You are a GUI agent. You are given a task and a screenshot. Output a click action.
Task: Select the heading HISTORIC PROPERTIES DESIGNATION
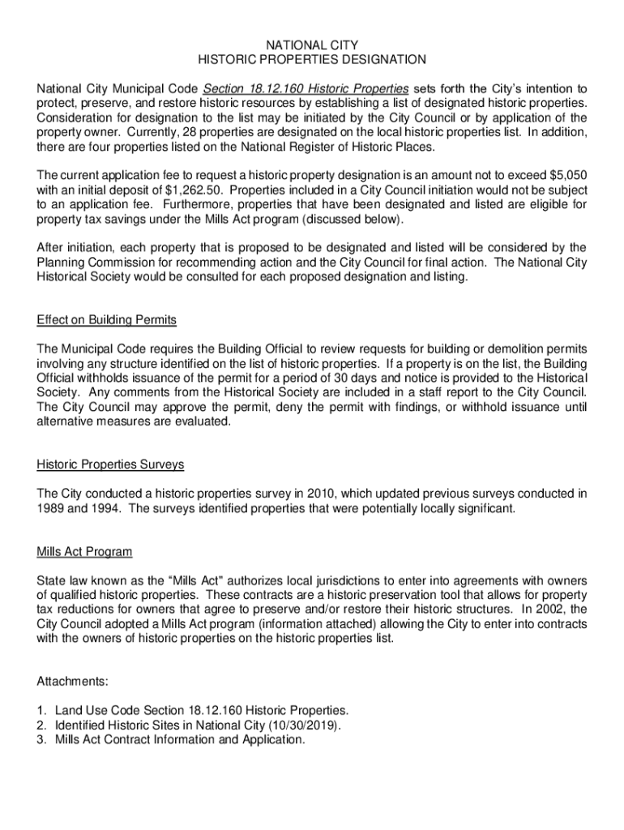tap(312, 59)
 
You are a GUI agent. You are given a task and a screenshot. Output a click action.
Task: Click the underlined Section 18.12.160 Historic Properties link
tap(306, 88)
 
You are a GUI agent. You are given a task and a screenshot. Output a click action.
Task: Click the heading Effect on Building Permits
tap(106, 319)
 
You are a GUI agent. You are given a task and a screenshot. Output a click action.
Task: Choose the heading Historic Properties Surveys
tap(110, 464)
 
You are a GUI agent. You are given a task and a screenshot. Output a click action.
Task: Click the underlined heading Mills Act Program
tap(84, 552)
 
